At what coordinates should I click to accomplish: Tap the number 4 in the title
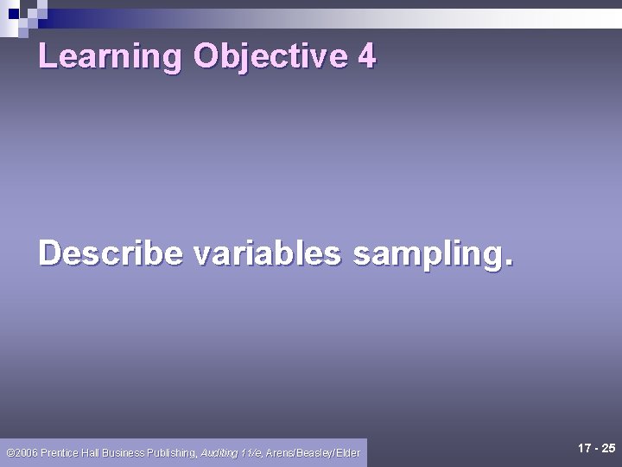(x=366, y=56)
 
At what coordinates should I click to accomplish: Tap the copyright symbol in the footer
(x=10, y=452)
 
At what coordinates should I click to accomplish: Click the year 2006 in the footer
(x=26, y=452)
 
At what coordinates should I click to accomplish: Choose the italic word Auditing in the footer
(x=218, y=452)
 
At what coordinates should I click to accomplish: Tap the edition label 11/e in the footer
(x=251, y=452)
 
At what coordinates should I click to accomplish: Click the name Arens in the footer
(x=281, y=452)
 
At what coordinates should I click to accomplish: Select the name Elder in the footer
(x=347, y=452)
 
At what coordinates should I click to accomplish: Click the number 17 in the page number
(x=584, y=448)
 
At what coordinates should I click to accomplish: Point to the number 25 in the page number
(x=608, y=448)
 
